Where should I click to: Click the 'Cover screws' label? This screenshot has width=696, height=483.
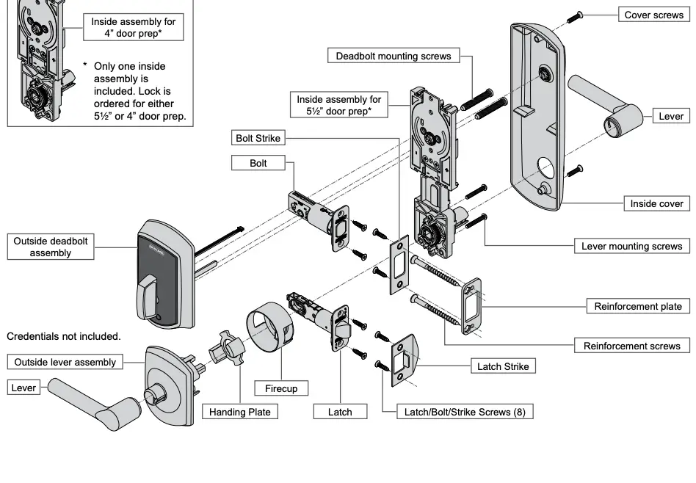coord(653,15)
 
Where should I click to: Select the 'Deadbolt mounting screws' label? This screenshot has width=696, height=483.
coord(394,56)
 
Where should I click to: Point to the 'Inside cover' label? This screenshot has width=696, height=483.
coord(656,203)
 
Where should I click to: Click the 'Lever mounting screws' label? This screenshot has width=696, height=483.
coord(631,246)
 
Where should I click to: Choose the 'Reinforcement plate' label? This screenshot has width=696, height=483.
coord(637,306)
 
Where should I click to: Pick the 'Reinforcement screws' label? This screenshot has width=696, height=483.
coord(631,346)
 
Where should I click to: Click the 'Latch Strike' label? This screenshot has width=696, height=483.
coord(502,366)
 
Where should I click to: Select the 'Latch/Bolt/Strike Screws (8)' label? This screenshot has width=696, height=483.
coord(465,412)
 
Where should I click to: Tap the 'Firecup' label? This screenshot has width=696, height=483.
coord(280,388)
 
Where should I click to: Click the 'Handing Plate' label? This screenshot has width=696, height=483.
coord(239,412)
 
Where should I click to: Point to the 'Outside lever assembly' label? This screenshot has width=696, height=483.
coord(65,362)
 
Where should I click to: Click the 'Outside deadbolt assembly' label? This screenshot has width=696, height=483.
coord(51,247)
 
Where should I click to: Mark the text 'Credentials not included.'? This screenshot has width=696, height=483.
coord(63,336)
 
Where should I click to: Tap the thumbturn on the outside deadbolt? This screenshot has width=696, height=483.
coord(151,290)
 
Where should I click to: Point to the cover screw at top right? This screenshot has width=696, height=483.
coord(579,15)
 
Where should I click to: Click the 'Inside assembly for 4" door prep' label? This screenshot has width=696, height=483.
coord(133,28)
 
